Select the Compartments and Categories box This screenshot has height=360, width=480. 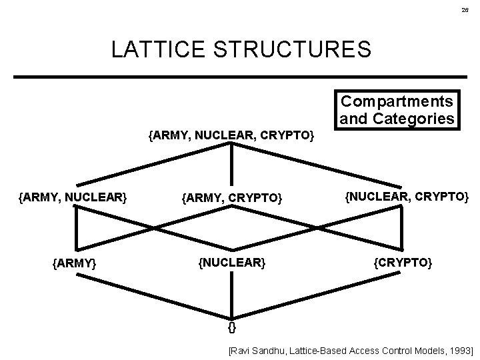pos(397,109)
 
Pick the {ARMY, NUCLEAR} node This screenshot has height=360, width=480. pos(73,197)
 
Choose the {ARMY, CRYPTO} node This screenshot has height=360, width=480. pos(232,198)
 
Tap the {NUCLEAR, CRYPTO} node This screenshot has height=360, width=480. pos(406,197)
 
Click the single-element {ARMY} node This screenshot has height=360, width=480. pos(74,263)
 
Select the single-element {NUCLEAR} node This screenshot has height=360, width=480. pos(232,262)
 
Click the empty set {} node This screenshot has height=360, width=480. pos(231,327)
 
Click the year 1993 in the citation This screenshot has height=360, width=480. pos(459,349)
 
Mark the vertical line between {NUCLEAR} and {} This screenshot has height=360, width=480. pos(232,293)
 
